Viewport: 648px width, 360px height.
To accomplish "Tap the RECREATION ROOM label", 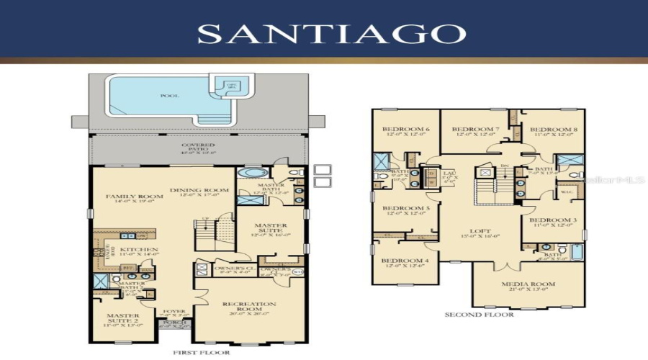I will pyautogui.click(x=249, y=305).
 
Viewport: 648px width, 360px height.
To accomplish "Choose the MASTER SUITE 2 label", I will pyautogui.click(x=123, y=316).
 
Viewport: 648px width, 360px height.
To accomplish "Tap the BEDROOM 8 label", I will pyautogui.click(x=554, y=130).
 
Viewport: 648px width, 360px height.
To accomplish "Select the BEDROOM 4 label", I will pyautogui.click(x=400, y=261).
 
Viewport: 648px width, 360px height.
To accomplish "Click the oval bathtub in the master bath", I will pyautogui.click(x=249, y=174).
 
